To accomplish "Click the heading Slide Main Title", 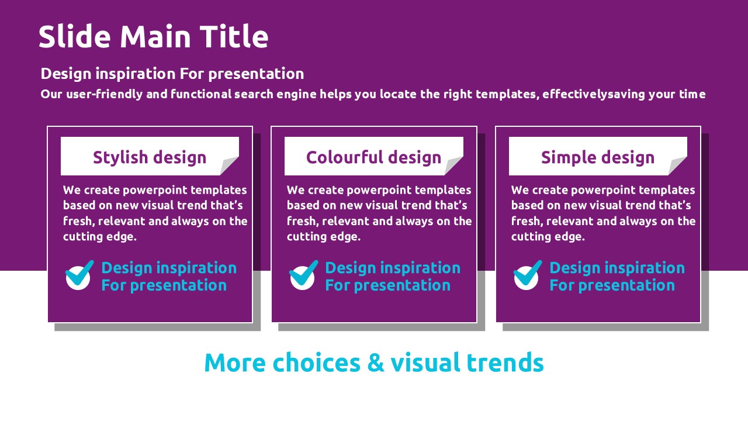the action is pyautogui.click(x=153, y=36).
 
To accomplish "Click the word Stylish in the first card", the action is pyautogui.click(x=120, y=157).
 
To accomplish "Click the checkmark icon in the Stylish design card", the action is pyautogui.click(x=79, y=275).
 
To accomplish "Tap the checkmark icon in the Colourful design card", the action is pyautogui.click(x=303, y=275).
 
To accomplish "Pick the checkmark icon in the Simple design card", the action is pyautogui.click(x=528, y=275).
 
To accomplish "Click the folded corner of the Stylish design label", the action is pyautogui.click(x=230, y=165).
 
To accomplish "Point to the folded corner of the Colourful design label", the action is pyautogui.click(x=454, y=165).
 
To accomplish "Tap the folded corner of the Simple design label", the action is pyautogui.click(x=678, y=165).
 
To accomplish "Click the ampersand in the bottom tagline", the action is pyautogui.click(x=375, y=363).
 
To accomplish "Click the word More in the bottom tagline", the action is pyautogui.click(x=235, y=363).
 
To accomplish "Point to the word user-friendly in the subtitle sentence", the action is pyautogui.click(x=105, y=94).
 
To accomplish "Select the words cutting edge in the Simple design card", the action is pyautogui.click(x=548, y=237).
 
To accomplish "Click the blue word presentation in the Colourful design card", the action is pyautogui.click(x=401, y=285).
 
